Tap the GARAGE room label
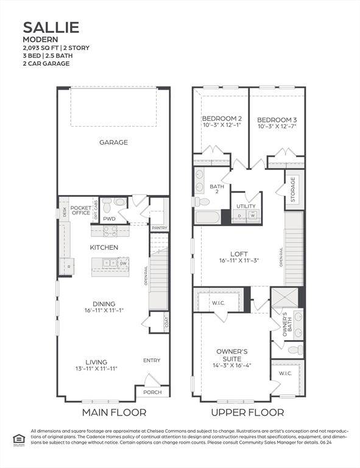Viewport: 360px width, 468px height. [113, 143]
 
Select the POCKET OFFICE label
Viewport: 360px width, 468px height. [80, 210]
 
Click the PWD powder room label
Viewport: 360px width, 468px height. [110, 219]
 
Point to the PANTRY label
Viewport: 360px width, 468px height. [160, 228]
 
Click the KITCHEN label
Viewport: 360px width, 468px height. [104, 247]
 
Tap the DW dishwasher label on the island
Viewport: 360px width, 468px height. [123, 263]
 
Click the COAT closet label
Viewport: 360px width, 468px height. [167, 322]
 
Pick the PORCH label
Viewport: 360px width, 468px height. [152, 392]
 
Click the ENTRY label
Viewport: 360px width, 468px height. [152, 361]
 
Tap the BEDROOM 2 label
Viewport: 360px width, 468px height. [222, 118]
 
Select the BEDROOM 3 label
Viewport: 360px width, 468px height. [277, 119]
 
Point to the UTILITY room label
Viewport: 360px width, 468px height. [246, 206]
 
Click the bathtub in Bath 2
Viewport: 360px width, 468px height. [208, 218]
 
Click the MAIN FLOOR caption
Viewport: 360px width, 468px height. [114, 413]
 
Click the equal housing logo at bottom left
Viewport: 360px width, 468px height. [17, 438]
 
